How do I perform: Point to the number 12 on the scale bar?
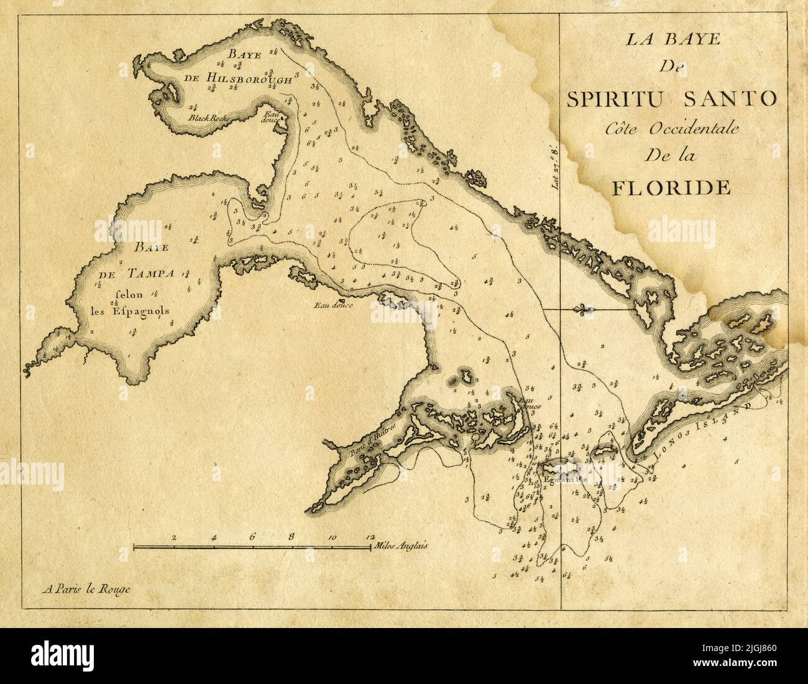click(x=370, y=537)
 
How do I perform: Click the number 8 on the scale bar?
click(x=292, y=537)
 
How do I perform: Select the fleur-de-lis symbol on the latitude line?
click(x=582, y=309)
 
